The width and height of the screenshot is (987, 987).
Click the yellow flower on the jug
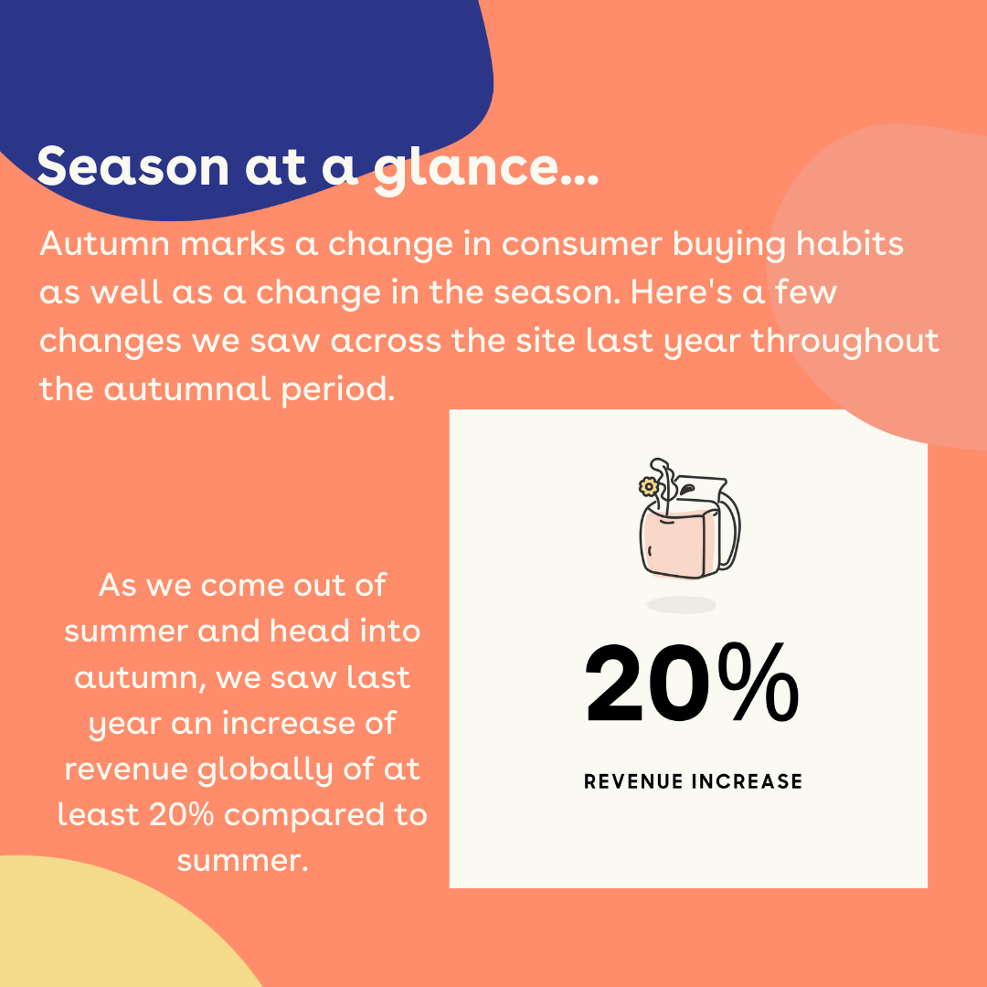pyautogui.click(x=649, y=487)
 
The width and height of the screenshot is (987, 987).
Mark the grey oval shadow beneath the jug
pyautogui.click(x=681, y=604)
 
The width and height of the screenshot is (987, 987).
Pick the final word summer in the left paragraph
pyautogui.click(x=241, y=860)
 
